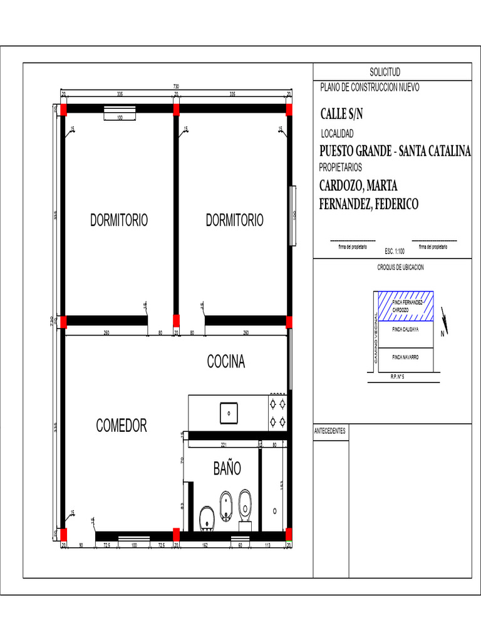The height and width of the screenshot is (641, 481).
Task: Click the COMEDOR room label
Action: (122, 426)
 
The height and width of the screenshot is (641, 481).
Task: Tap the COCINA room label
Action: (226, 362)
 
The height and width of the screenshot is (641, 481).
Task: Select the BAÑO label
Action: (227, 468)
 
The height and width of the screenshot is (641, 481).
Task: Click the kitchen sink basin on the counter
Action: (229, 413)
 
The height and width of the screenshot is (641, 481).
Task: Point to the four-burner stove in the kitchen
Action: (277, 413)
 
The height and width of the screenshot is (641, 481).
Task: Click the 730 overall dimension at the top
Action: (176, 86)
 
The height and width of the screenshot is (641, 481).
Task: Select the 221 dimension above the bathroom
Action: (224, 444)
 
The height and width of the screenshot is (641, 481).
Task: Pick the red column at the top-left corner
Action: (63, 109)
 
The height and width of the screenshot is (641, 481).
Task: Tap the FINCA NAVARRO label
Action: (405, 357)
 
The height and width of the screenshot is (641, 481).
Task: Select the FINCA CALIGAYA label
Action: (405, 329)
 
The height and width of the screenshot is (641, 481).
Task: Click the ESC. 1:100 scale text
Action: (395, 251)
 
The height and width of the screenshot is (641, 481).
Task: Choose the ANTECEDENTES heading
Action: (330, 431)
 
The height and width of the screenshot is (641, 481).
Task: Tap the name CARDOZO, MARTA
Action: (359, 187)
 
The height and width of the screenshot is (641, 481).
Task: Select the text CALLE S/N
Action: (341, 115)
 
